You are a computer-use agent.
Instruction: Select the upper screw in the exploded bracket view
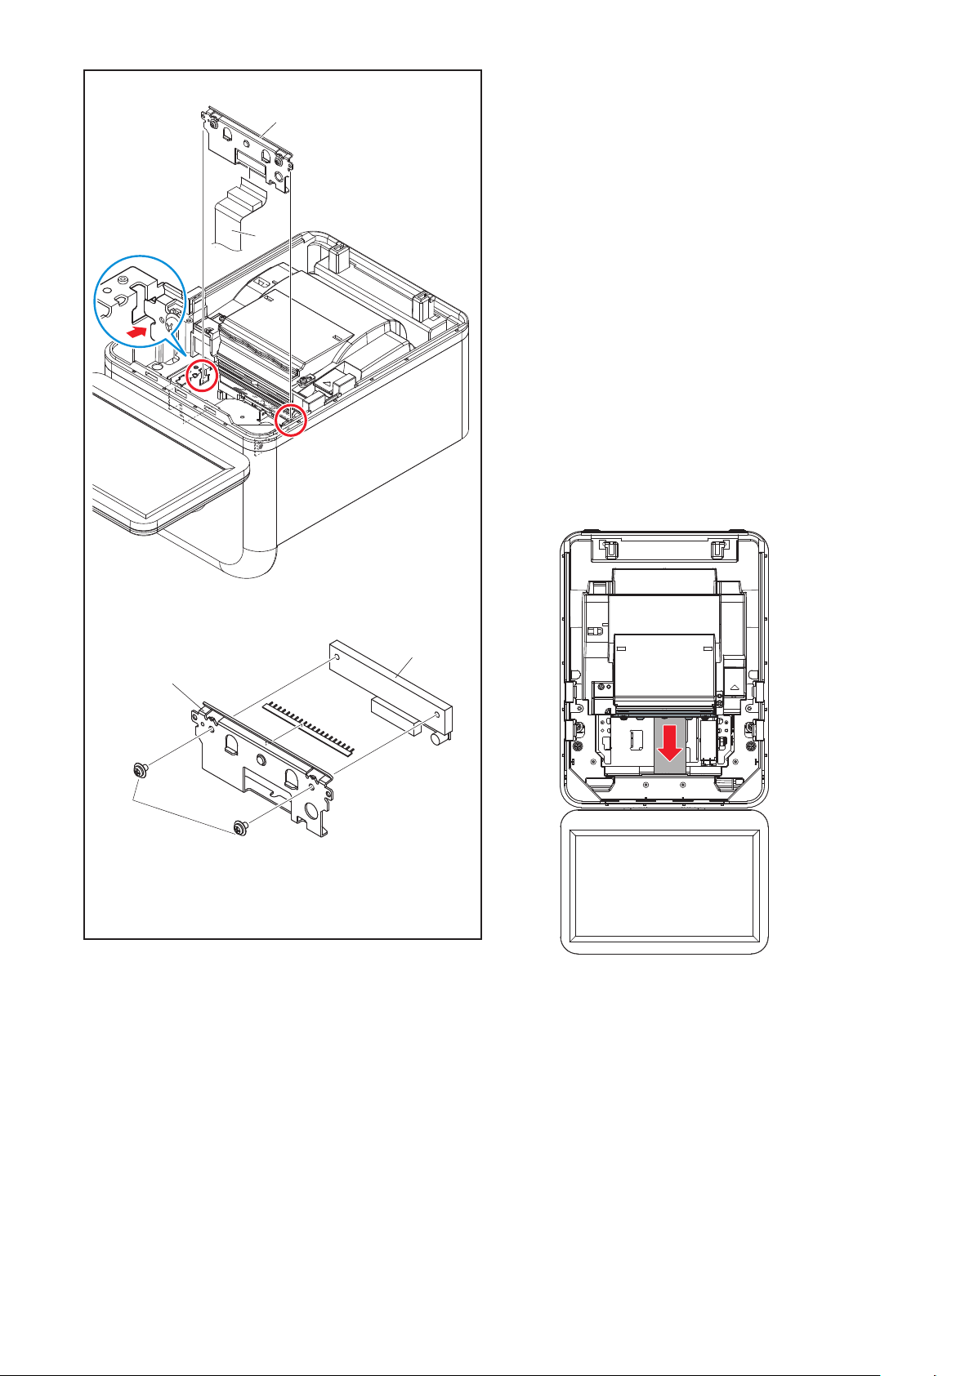[x=140, y=770]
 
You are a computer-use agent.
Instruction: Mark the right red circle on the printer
[x=290, y=420]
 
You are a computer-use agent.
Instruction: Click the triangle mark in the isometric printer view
[x=328, y=381]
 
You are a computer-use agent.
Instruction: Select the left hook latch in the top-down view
[x=605, y=547]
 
